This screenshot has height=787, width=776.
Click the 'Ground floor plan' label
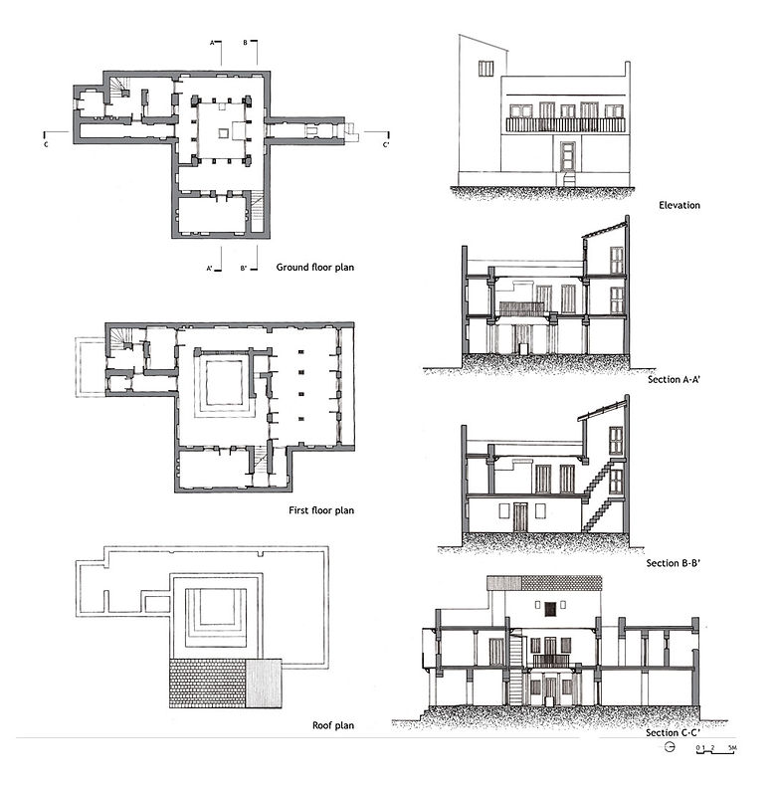tap(315, 267)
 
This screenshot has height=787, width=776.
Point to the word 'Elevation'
tap(679, 206)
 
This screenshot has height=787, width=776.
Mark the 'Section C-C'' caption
tap(674, 733)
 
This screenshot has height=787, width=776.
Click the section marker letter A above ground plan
tap(213, 44)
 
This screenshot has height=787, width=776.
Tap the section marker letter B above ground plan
tap(246, 44)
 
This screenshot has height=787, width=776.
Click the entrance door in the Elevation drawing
tap(568, 157)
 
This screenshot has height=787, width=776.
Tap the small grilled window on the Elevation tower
tap(485, 68)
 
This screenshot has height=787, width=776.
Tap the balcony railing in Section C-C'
tap(550, 660)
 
